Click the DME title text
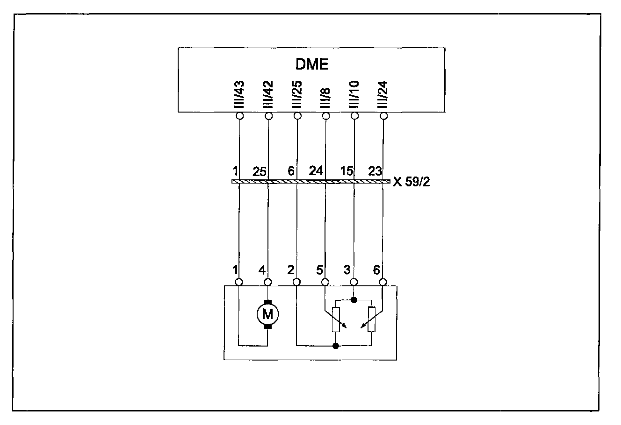tap(312, 64)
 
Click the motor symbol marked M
tap(268, 314)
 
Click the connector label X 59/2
tap(412, 182)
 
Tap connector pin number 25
tap(260, 171)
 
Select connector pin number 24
tap(316, 171)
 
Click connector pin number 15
tap(347, 171)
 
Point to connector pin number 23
tap(375, 171)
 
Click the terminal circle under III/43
tap(239, 116)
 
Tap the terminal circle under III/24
tap(383, 116)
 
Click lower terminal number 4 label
tap(262, 270)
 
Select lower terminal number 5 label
tap(319, 270)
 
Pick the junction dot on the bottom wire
tap(335, 346)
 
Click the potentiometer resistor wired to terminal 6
tap(372, 319)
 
